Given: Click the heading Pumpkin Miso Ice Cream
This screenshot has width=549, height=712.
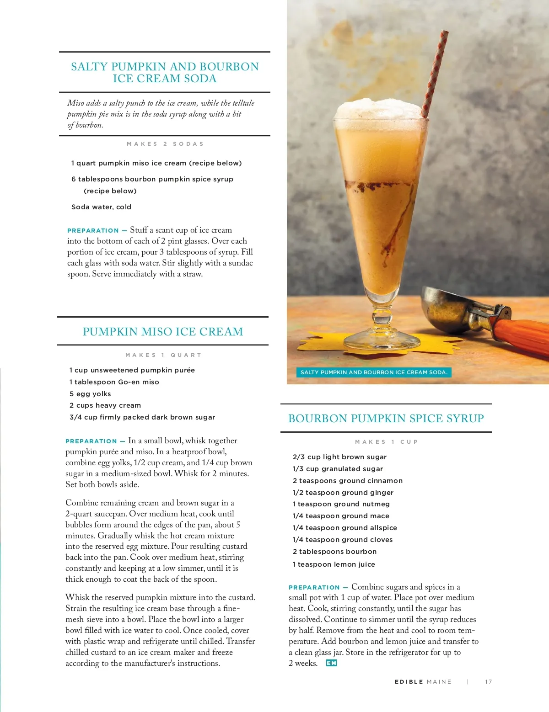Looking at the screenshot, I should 163,332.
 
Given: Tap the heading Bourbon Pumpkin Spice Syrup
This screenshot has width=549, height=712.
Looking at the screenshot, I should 386,419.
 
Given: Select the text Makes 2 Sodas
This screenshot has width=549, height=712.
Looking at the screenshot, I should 165,144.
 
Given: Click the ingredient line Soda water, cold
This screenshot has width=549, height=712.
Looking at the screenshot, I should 101,207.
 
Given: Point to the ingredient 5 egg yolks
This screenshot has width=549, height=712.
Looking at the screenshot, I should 90,394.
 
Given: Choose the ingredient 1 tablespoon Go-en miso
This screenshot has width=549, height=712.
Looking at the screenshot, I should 114,382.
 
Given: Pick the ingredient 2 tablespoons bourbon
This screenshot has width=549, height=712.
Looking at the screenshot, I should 334,552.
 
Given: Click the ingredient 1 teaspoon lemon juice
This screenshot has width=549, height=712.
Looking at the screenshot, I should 334,564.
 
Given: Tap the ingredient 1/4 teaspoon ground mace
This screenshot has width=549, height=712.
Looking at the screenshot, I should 341,516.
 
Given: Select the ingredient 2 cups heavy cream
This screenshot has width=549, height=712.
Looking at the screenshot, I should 105,405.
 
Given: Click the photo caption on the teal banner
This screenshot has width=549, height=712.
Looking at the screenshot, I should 373,372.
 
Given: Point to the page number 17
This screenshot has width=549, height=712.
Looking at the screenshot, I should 489,682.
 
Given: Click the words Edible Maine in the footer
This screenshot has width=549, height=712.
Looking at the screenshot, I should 423,682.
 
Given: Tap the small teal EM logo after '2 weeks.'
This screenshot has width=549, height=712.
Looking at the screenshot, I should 331,663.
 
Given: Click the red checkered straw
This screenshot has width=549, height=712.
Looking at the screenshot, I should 435,69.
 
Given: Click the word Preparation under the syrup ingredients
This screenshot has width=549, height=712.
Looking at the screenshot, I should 314,588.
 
